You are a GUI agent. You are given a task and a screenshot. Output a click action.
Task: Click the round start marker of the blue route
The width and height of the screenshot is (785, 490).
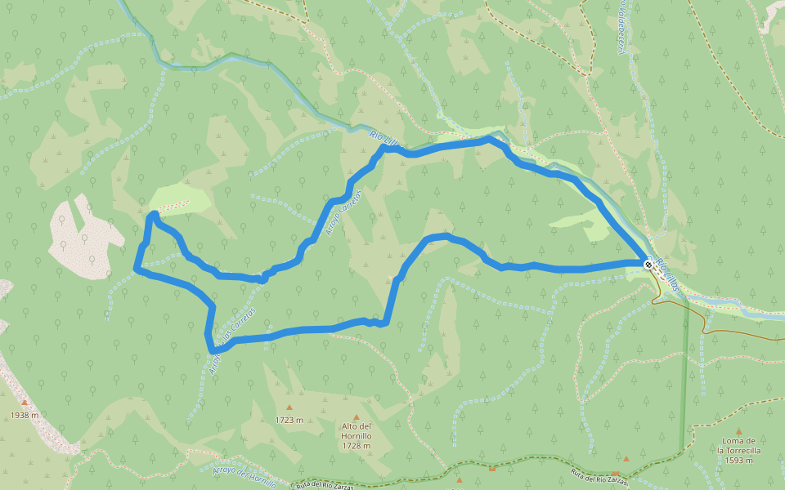(648, 265)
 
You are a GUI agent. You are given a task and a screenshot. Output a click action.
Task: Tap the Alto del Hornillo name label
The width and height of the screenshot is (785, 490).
(357, 431)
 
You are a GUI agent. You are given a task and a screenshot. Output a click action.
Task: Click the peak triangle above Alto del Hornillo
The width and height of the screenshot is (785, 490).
(357, 417)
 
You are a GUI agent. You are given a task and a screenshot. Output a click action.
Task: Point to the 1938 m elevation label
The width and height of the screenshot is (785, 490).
(25, 415)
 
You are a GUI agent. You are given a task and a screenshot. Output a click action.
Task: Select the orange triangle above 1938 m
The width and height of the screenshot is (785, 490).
(25, 402)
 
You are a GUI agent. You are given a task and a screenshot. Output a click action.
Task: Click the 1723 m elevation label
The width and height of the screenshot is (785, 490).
(289, 421)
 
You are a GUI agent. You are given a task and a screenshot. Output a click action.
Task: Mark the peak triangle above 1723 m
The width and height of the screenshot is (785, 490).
(289, 408)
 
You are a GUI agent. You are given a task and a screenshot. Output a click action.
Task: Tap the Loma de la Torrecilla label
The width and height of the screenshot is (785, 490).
(739, 445)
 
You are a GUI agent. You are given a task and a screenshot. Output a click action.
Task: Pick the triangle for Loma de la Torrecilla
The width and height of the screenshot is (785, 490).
(739, 431)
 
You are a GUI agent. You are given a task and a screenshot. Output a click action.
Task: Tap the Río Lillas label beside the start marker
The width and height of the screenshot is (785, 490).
(667, 276)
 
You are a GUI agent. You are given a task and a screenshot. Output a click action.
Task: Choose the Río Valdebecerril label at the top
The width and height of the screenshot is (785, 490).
(622, 24)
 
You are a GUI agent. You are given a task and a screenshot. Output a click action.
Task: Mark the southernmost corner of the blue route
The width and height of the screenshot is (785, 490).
(213, 351)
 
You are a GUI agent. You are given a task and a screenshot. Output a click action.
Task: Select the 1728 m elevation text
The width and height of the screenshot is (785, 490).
(357, 446)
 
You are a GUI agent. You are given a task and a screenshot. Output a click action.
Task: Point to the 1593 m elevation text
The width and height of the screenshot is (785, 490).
(739, 460)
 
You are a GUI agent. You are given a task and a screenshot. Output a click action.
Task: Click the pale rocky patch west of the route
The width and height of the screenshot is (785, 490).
(82, 237)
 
